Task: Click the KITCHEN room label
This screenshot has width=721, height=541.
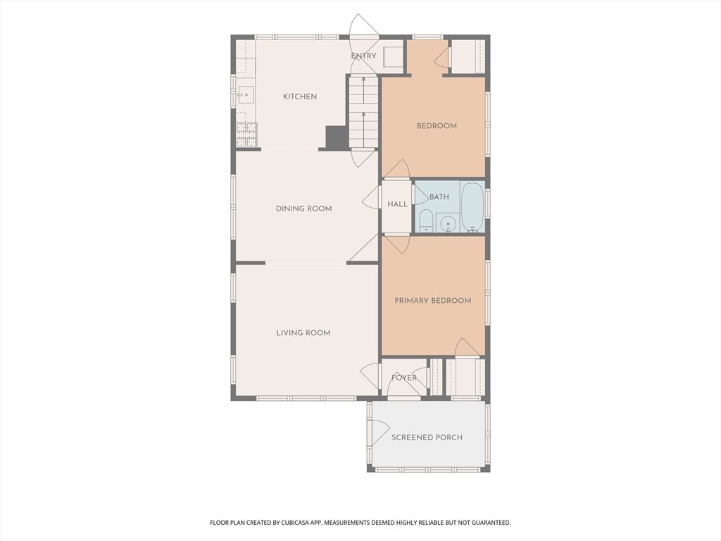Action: pyautogui.click(x=300, y=97)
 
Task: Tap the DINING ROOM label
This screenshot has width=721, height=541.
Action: pyautogui.click(x=303, y=209)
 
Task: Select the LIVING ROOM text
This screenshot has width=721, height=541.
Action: pyautogui.click(x=303, y=332)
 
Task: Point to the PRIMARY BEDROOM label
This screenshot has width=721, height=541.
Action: pyautogui.click(x=432, y=301)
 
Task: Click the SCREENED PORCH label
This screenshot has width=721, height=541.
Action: pyautogui.click(x=427, y=437)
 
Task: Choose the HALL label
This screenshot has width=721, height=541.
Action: pyautogui.click(x=397, y=204)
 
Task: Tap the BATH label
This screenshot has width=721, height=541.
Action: pyautogui.click(x=439, y=197)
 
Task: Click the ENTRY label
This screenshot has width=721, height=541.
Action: pyautogui.click(x=363, y=56)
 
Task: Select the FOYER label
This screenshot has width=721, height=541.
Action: pyautogui.click(x=403, y=378)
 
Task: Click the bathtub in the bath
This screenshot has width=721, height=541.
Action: pyautogui.click(x=472, y=207)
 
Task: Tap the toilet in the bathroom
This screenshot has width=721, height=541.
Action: pyautogui.click(x=426, y=221)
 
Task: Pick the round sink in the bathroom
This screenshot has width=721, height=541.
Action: pyautogui.click(x=447, y=224)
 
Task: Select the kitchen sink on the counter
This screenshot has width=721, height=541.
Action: pyautogui.click(x=245, y=93)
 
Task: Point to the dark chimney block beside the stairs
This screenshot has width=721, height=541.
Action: pyautogui.click(x=336, y=137)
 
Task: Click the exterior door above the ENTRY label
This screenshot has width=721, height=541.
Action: pyautogui.click(x=363, y=27)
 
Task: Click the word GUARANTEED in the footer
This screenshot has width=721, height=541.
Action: pyautogui.click(x=487, y=523)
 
